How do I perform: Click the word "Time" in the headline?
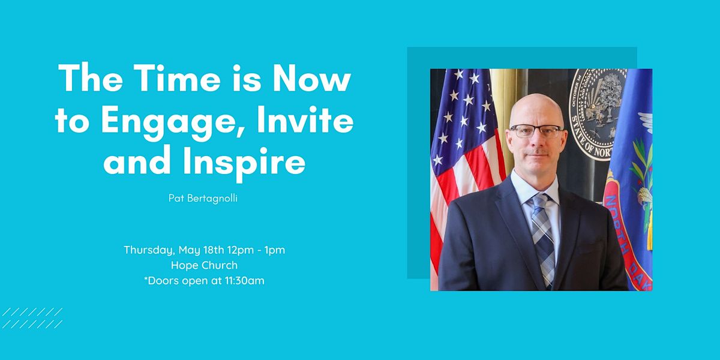click(177, 78)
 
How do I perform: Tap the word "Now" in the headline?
click(312, 78)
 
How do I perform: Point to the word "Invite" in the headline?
click(305, 119)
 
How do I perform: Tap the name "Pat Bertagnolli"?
click(203, 198)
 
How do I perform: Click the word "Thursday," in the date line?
click(149, 250)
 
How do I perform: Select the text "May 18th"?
click(202, 250)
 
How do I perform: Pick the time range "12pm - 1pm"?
click(256, 250)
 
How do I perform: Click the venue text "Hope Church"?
click(204, 265)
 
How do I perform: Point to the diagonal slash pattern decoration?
click(32, 318)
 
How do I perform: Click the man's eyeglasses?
click(536, 131)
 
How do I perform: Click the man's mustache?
click(537, 152)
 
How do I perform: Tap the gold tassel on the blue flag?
click(649, 235)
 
